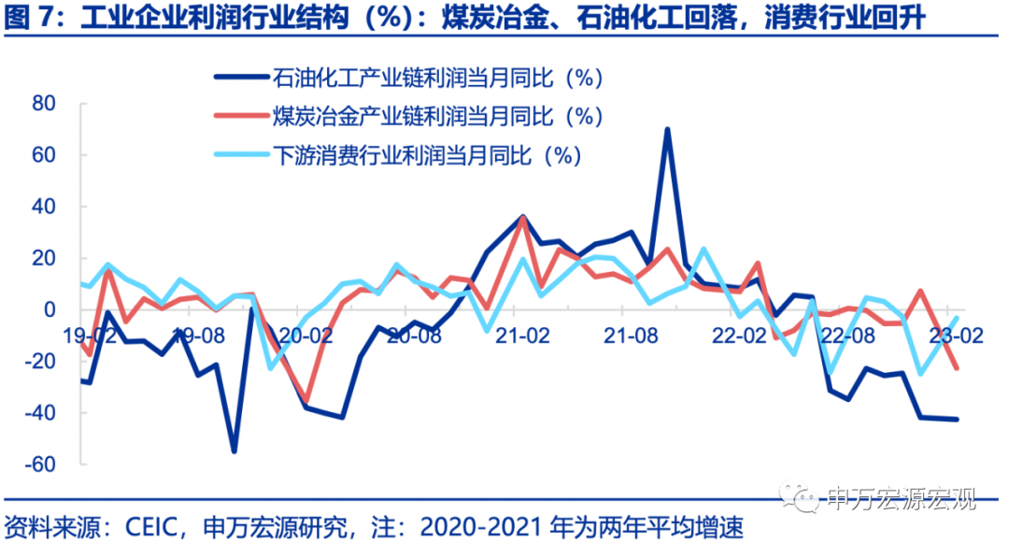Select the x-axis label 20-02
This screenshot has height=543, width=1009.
pyautogui.click(x=307, y=333)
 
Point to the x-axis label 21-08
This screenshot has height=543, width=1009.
pyautogui.click(x=631, y=333)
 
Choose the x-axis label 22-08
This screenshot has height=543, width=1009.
pyautogui.click(x=846, y=333)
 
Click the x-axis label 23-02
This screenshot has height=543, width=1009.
pyautogui.click(x=953, y=333)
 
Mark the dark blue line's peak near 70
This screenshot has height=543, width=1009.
pyautogui.click(x=667, y=130)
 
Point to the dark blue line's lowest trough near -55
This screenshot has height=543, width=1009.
pyautogui.click(x=234, y=450)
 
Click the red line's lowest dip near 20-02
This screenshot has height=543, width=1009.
pyautogui.click(x=306, y=399)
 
